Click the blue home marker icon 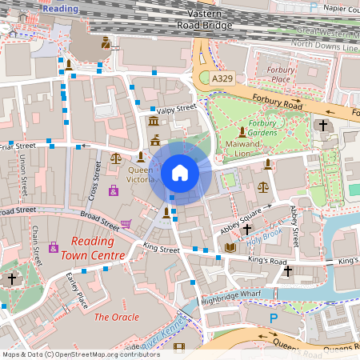pos(180,172)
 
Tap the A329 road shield pos(223,80)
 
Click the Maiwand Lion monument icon pos(242,131)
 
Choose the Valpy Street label pos(177,109)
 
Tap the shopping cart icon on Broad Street pos(126,224)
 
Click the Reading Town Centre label pos(98,248)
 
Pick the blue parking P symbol pos(274,318)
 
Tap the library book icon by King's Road pos(230,248)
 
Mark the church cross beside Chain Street pos(11,279)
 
